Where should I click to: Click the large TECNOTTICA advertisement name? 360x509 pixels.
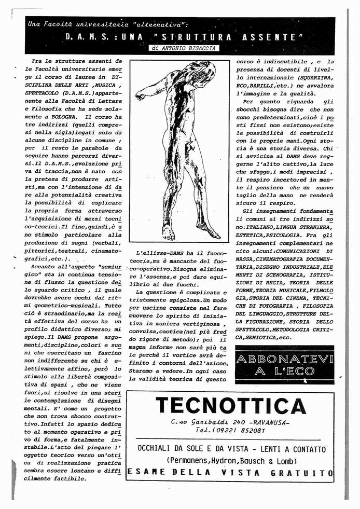(x=230, y=406)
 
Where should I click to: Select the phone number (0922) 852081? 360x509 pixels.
(x=243, y=430)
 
